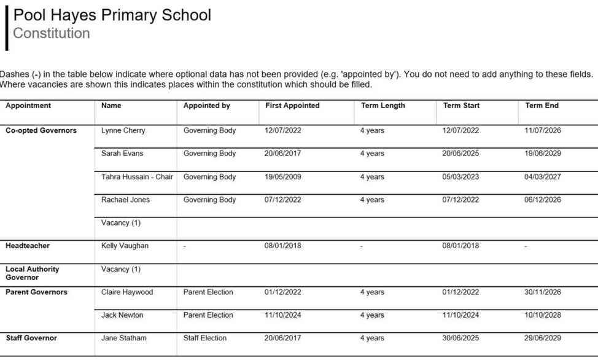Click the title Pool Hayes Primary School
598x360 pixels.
(x=112, y=15)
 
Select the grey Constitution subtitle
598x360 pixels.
(x=52, y=33)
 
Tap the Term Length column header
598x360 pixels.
(x=382, y=106)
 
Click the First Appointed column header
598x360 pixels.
(x=292, y=106)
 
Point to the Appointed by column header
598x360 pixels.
(x=206, y=106)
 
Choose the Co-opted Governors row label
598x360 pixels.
(x=41, y=130)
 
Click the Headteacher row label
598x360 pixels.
(x=28, y=246)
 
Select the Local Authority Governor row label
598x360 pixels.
(x=32, y=273)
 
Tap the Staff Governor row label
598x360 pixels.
(x=31, y=338)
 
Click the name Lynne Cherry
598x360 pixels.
(x=123, y=130)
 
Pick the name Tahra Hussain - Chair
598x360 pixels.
(x=137, y=177)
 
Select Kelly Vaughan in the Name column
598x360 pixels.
(x=125, y=246)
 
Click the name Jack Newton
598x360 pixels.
(x=122, y=315)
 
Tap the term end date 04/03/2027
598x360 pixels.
(x=543, y=177)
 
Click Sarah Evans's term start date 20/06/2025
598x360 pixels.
(x=460, y=154)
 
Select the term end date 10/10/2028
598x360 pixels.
(x=543, y=315)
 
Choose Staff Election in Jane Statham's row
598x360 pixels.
(x=204, y=338)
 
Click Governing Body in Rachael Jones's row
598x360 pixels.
(x=209, y=200)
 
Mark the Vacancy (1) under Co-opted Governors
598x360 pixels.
(x=121, y=223)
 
